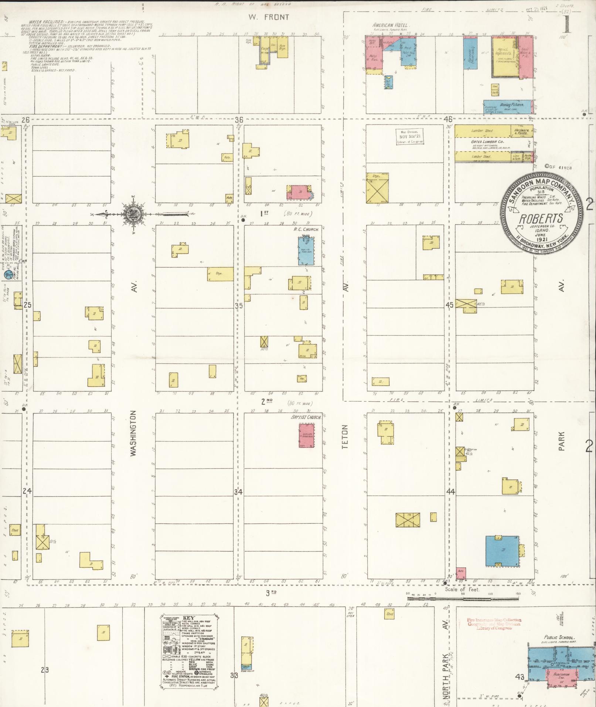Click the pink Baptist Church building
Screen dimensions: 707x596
pos(307,436)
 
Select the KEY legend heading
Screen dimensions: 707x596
pos(188,618)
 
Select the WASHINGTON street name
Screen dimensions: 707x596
pos(134,432)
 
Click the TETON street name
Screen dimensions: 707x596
pos(345,437)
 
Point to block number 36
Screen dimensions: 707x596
pos(239,120)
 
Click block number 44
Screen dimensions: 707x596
pos(450,492)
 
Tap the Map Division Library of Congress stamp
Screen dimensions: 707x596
pos(409,137)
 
